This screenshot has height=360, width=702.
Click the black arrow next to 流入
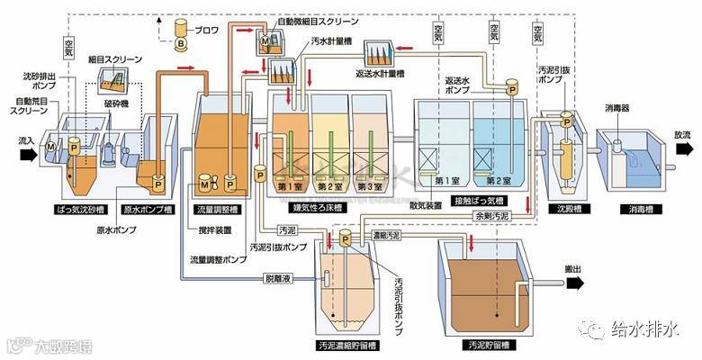28,154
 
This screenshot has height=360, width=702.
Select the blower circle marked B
179,42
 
